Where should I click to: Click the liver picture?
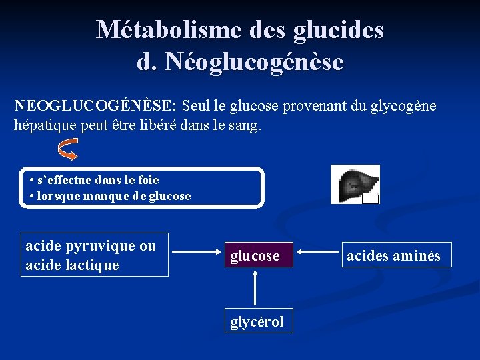point(355,183)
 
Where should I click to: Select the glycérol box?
point(257,322)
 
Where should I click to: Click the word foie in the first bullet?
point(148,180)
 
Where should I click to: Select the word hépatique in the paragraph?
point(45,125)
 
